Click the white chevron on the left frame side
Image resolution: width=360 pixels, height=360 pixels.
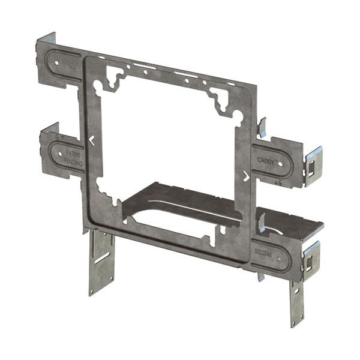[91, 141]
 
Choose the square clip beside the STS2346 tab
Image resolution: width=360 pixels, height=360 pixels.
[312, 252]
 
